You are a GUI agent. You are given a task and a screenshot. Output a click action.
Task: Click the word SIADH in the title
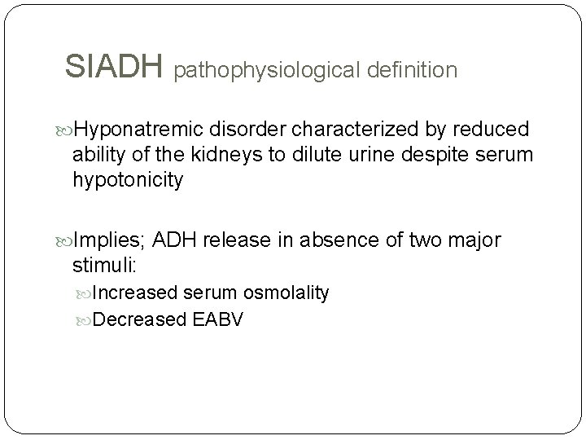pos(115,68)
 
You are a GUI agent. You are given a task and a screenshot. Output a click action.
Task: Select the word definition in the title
pos(411,71)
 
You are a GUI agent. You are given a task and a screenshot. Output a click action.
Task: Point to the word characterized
pos(361,130)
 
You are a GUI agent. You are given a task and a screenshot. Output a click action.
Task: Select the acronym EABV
pos(220,319)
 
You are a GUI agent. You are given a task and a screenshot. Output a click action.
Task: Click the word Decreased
pos(140,319)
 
